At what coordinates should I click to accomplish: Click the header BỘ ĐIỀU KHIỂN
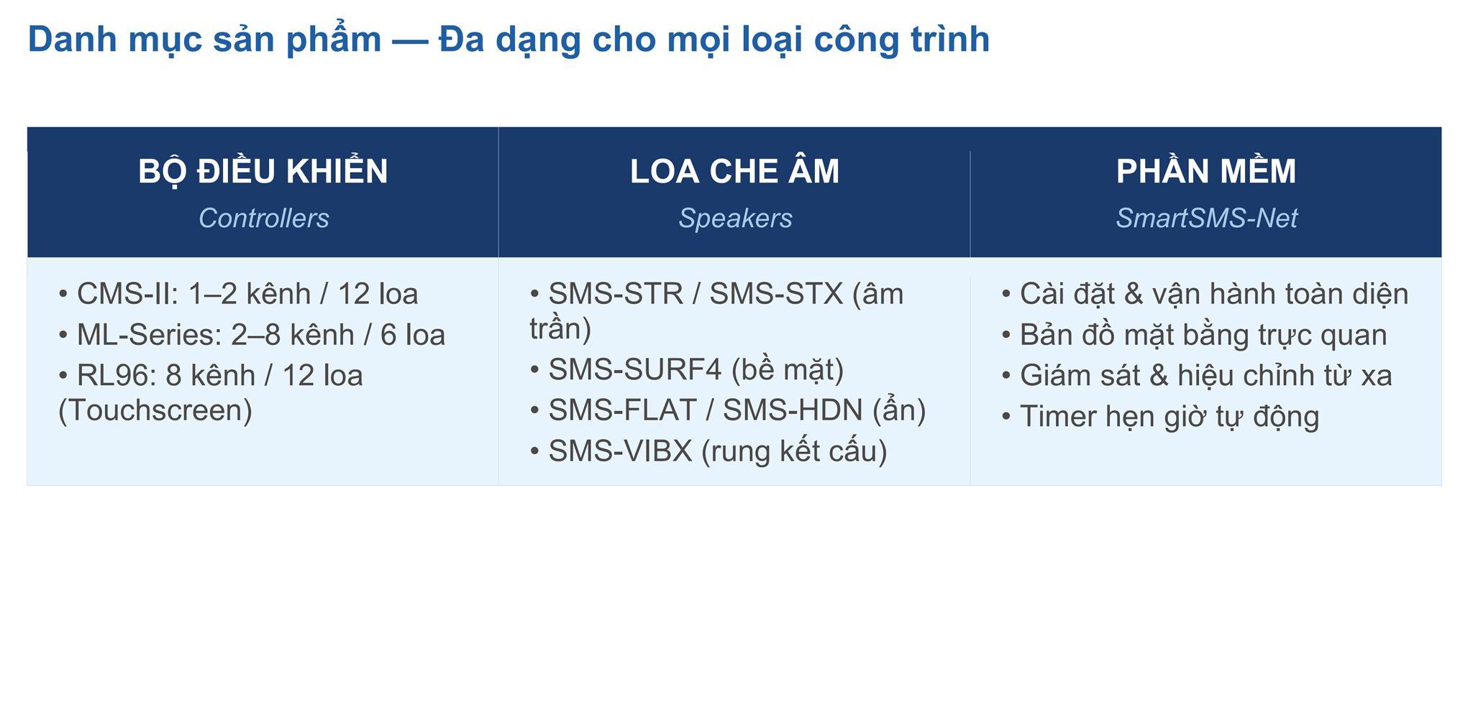click(x=263, y=172)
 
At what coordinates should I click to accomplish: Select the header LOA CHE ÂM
click(x=734, y=172)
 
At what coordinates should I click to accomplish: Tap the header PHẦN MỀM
click(x=1206, y=172)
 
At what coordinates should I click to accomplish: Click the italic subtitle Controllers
click(x=263, y=218)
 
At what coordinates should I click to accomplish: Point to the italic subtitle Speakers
click(x=735, y=218)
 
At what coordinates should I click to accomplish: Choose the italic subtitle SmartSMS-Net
click(x=1206, y=218)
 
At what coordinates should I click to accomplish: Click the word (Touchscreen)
click(x=155, y=411)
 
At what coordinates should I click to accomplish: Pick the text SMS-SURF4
click(x=635, y=370)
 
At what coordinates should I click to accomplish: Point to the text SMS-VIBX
click(x=620, y=452)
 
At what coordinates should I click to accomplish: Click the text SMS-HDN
click(x=793, y=411)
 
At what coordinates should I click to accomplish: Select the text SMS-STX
click(x=776, y=295)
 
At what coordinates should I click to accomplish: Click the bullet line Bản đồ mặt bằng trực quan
click(x=1203, y=336)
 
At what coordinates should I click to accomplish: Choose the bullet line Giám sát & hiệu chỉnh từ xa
click(x=1205, y=377)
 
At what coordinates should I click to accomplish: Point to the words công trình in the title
click(x=901, y=40)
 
